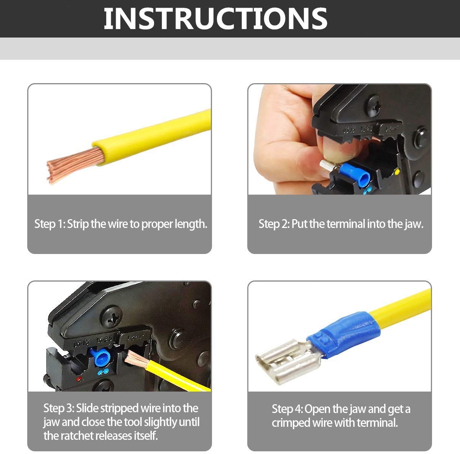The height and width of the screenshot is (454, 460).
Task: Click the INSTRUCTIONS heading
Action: coord(215,19)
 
